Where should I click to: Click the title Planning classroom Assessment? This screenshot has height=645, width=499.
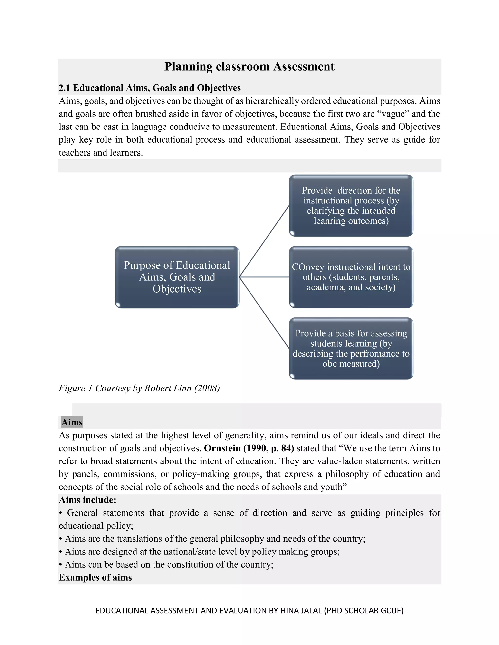click(249, 66)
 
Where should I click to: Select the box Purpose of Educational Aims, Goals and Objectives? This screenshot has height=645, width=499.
click(177, 277)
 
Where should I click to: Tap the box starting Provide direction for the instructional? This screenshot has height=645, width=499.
click(351, 206)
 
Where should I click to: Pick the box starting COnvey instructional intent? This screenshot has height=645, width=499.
click(351, 277)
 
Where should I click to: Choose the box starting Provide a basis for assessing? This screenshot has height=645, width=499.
click(351, 349)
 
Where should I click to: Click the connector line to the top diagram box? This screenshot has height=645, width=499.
click(264, 241)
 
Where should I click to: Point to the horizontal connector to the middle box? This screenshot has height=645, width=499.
click(264, 277)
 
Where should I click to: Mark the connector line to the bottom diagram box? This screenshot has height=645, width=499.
click(264, 313)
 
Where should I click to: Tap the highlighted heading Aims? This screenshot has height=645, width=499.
click(72, 422)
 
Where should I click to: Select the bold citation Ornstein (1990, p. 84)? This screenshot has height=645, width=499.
click(249, 448)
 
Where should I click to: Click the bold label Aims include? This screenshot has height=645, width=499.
click(87, 500)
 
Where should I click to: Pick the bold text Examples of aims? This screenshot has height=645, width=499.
click(95, 577)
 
